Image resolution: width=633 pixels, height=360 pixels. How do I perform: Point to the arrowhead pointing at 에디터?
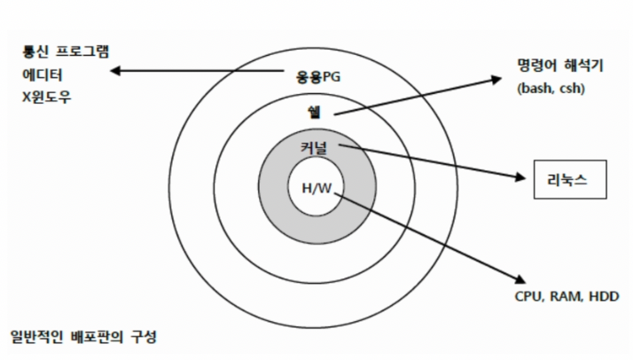(x=115, y=72)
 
